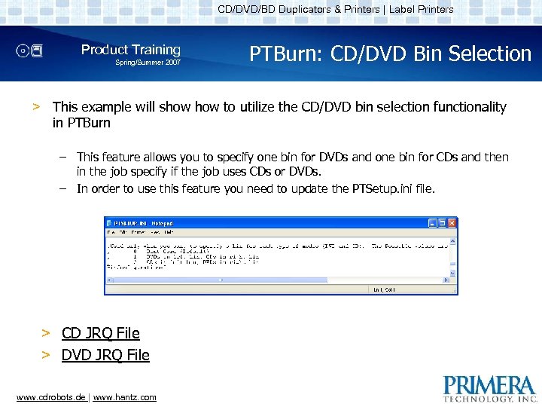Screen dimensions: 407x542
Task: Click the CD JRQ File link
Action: coord(100,333)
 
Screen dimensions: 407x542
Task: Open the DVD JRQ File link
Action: coord(105,355)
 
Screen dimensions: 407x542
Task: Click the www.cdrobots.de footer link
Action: coord(50,397)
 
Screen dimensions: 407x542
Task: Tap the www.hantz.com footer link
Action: coord(124,397)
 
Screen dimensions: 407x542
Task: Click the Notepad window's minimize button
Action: coord(433,223)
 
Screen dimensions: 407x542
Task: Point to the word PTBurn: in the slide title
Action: coord(282,54)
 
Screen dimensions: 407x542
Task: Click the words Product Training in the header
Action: coord(131,50)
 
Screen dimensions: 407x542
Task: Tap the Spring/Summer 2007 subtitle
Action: coord(148,63)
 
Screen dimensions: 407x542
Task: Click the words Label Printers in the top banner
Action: coord(421,9)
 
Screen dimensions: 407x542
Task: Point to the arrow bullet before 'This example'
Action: coord(35,107)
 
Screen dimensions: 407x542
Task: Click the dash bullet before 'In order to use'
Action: coord(63,188)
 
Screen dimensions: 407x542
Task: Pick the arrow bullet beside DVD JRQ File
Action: coord(46,355)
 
